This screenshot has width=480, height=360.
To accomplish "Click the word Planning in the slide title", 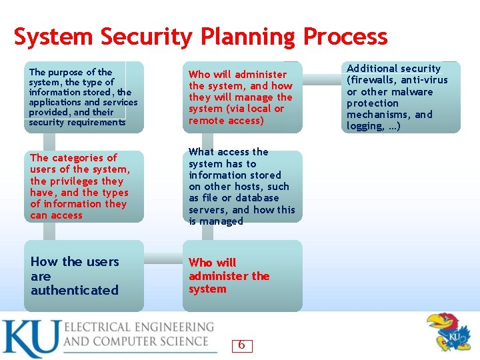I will [x=245, y=37].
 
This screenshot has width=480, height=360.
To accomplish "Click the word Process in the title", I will [x=345, y=37].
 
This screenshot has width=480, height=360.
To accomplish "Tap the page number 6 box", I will [x=241, y=345].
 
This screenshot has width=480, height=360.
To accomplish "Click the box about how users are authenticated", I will [x=84, y=276].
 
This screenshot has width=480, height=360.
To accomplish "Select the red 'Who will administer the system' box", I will [x=242, y=276].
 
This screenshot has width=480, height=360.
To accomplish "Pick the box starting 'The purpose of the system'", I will [x=84, y=97].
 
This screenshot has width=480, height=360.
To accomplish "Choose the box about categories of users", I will [x=84, y=187].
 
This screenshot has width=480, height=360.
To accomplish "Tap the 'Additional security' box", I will [x=402, y=97].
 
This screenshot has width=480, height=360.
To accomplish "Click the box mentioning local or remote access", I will [x=242, y=97].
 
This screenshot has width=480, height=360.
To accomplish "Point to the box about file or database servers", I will [x=242, y=187].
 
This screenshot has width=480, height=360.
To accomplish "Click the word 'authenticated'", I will [x=75, y=291].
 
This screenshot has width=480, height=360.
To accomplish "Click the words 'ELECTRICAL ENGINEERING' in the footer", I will [x=139, y=327].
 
